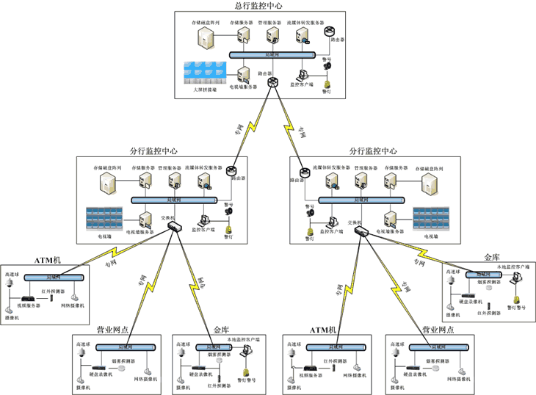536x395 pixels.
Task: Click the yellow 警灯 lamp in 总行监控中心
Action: [x=327, y=82]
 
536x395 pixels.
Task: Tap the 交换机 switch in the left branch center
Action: [x=174, y=225]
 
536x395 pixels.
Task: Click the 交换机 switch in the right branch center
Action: [x=361, y=231]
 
